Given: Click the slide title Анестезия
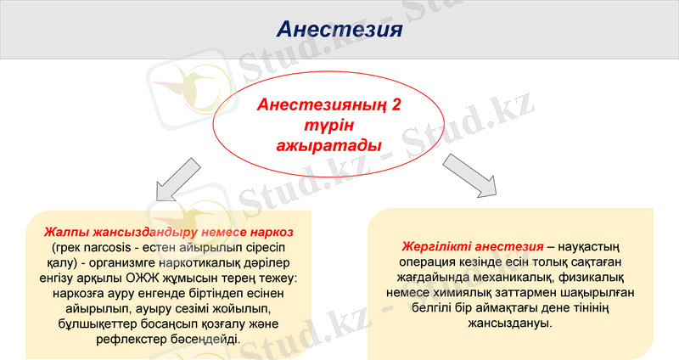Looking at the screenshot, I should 339,31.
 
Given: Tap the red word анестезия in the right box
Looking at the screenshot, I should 509,246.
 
